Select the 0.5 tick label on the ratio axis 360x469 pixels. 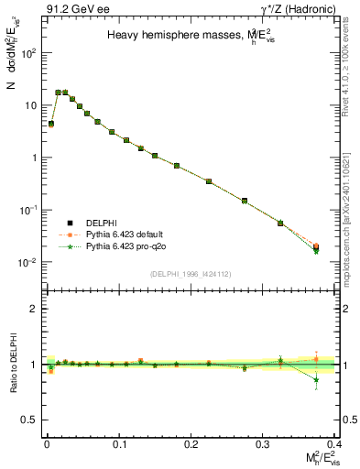tap(28, 420)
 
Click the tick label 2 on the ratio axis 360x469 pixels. tap(32, 310)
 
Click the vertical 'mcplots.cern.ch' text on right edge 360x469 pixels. tap(351, 211)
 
